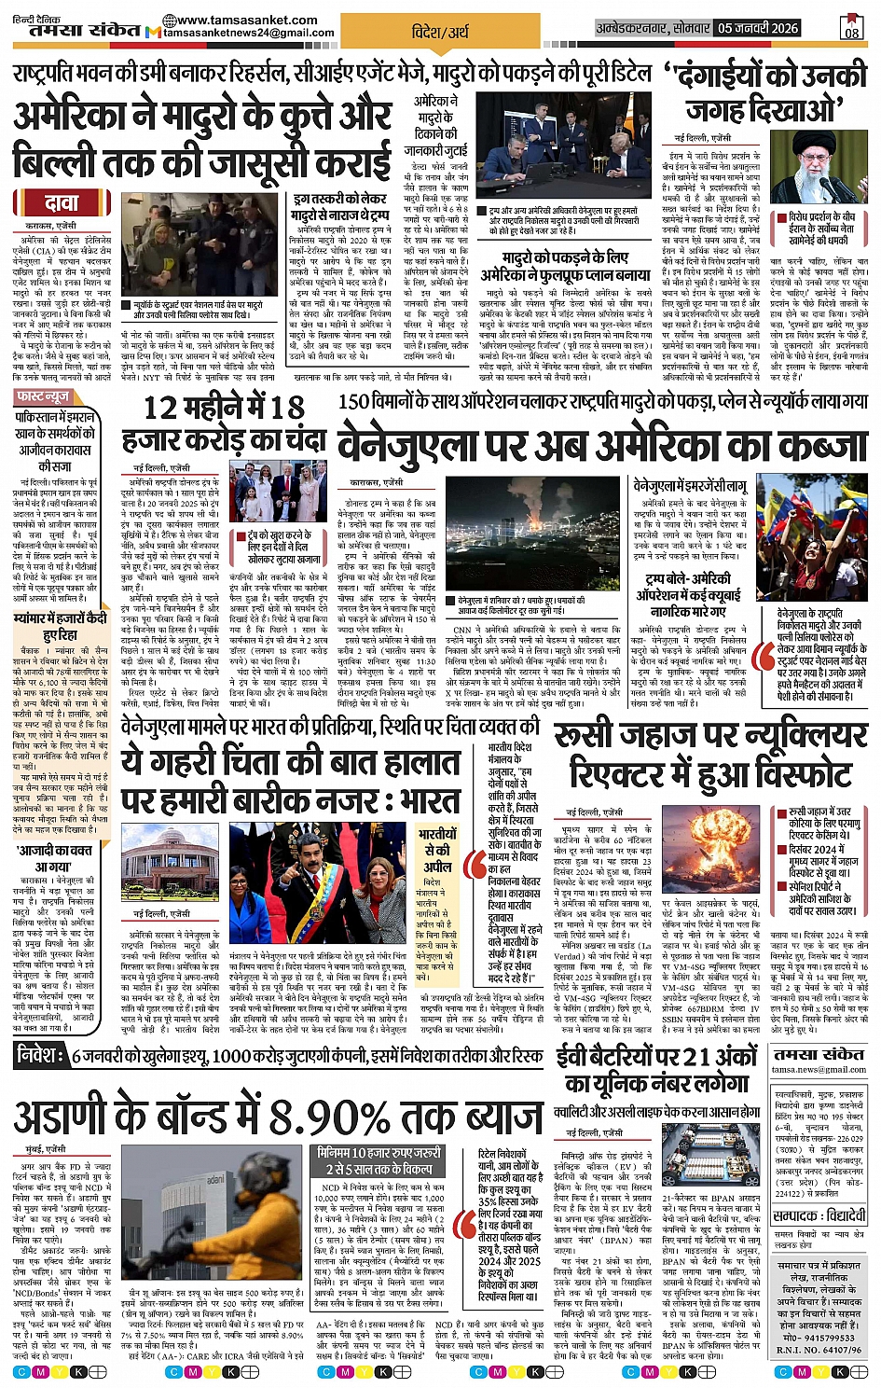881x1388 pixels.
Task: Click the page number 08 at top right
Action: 852,28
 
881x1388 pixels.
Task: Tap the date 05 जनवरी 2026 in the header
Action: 758,29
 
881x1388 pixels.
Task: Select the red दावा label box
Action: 62,203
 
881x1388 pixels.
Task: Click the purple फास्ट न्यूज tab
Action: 43,396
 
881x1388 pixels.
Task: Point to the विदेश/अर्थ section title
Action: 440,32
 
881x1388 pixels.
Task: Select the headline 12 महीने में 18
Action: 224,408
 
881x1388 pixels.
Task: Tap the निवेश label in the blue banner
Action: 41,1055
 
